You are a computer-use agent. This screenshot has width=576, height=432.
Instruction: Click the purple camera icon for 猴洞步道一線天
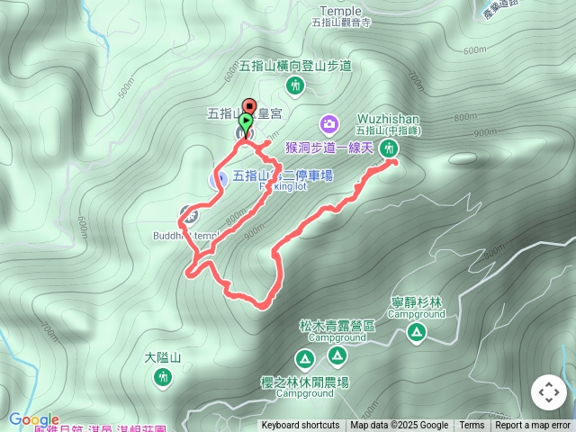[x=329, y=123]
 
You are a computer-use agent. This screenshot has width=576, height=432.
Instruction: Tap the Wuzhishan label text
[x=388, y=119]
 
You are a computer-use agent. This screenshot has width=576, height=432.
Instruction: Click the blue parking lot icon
[x=218, y=178]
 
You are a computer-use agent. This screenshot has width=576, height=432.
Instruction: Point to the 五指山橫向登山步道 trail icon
[x=294, y=85]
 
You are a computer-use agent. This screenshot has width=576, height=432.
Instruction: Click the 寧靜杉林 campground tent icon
[x=416, y=333]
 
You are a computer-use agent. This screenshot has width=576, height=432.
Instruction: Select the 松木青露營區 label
[x=337, y=326]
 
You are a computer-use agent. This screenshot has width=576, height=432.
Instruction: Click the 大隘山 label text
[x=163, y=358]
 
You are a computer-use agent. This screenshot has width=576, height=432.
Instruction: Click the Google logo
[x=34, y=419]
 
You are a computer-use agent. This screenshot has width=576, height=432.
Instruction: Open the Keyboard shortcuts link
[x=301, y=426]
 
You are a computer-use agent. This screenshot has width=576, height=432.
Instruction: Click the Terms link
[x=472, y=426]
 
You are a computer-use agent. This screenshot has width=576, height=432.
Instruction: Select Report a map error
[x=533, y=426]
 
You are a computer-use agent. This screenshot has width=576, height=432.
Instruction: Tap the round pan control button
[x=548, y=392]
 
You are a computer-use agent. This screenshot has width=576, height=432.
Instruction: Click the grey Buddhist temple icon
[x=188, y=214]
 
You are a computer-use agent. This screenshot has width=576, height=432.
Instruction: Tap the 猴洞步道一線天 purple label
[x=329, y=148]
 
